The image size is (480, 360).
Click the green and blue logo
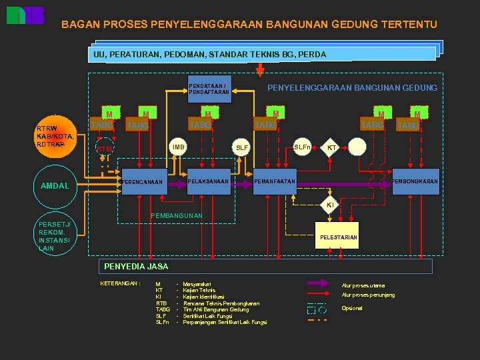[25, 15]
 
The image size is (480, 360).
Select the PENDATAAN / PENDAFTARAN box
[210, 89]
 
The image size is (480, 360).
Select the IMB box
[179, 147]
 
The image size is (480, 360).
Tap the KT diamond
[331, 147]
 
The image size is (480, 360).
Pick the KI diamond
[329, 206]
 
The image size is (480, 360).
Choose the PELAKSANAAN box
[209, 181]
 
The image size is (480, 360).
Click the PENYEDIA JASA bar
[265, 266]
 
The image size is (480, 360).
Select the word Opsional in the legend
[353, 308]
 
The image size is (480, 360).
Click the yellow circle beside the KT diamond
[358, 147]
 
